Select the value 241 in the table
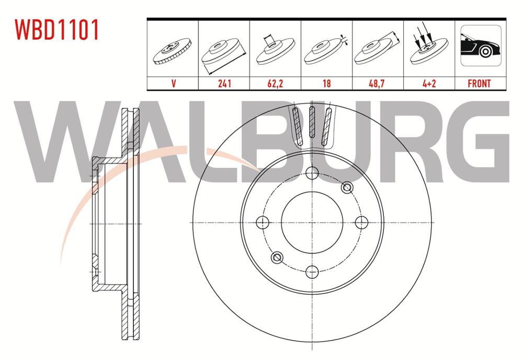(224, 83)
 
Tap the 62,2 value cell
(275, 83)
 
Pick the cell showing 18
(326, 83)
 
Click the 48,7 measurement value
(378, 83)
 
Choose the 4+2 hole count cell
(428, 83)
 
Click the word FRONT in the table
(479, 83)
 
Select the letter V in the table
(173, 83)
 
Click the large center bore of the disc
(312, 222)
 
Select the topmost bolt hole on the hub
(312, 173)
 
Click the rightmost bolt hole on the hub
(360, 222)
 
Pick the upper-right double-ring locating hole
(346, 187)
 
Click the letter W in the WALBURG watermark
(63, 141)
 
